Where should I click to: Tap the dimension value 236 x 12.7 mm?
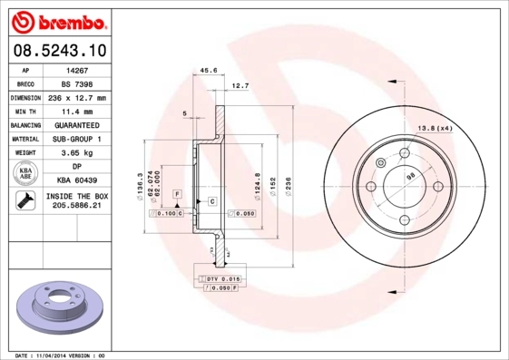coord(76,97)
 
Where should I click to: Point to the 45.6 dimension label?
coord(208,69)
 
